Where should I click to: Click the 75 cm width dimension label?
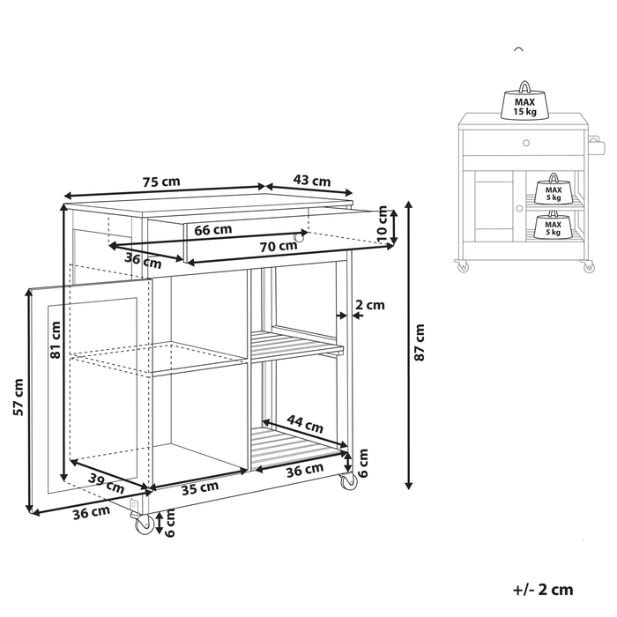coord(160,182)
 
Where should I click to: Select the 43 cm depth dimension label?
coord(311,181)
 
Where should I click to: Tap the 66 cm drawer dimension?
coord(213,230)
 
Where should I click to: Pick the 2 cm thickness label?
coord(369,306)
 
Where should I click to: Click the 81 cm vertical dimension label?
coord(56,339)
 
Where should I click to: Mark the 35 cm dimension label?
coord(199,487)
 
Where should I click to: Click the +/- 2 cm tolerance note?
coord(542,590)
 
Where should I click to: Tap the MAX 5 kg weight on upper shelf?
coord(553,189)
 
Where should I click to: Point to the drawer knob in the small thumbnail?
coord(524,143)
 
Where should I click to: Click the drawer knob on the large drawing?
coord(300,237)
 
